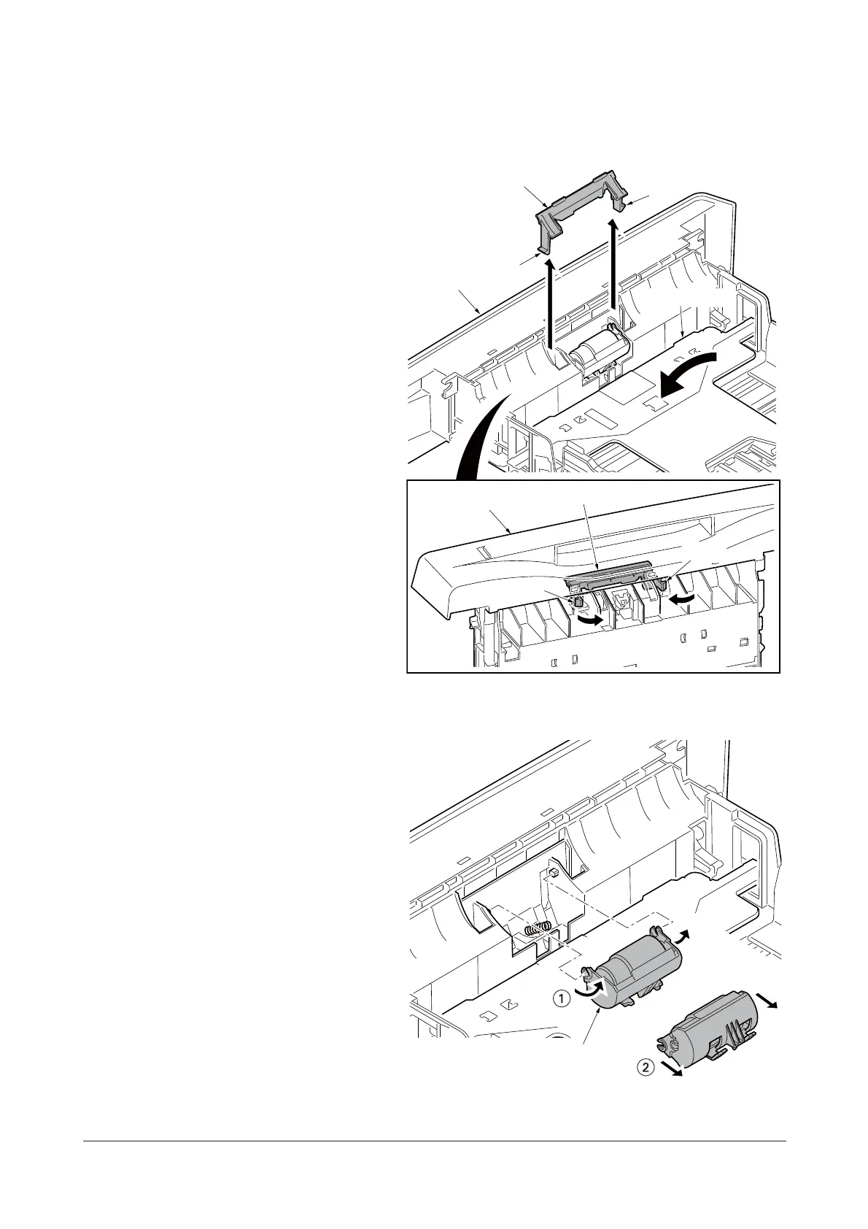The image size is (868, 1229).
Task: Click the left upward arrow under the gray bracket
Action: (x=552, y=307)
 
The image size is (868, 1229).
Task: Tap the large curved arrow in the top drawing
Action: (x=682, y=371)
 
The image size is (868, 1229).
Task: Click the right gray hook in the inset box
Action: (x=663, y=581)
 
